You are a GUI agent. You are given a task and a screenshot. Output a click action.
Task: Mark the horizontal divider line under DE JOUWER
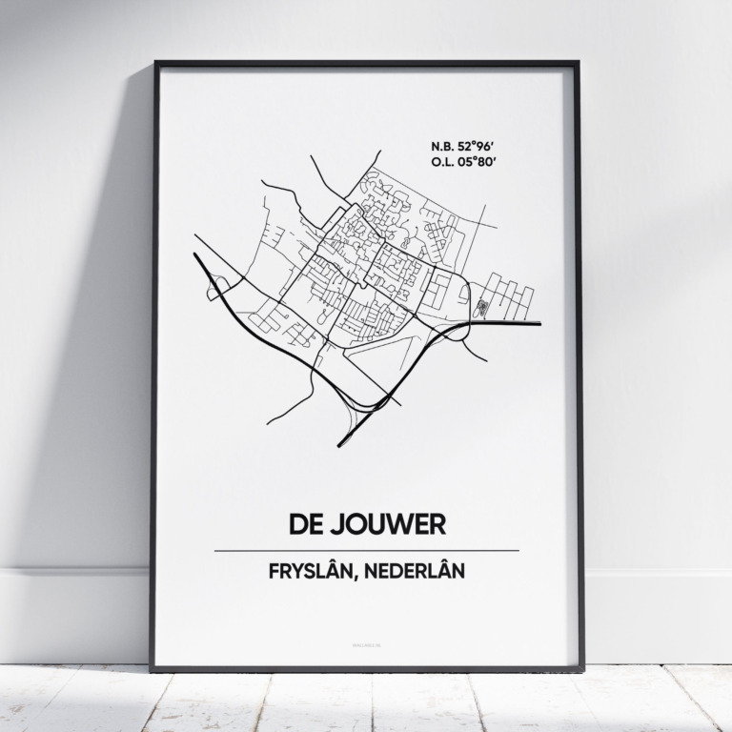pyautogui.click(x=367, y=550)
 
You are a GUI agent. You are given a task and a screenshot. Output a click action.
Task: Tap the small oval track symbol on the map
pyautogui.click(x=481, y=307)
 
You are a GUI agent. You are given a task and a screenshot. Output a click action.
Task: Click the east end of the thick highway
pyautogui.click(x=539, y=324)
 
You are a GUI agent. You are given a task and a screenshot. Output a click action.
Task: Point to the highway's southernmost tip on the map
pyautogui.click(x=340, y=445)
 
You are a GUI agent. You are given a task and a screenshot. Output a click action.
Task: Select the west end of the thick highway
pyautogui.click(x=195, y=255)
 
